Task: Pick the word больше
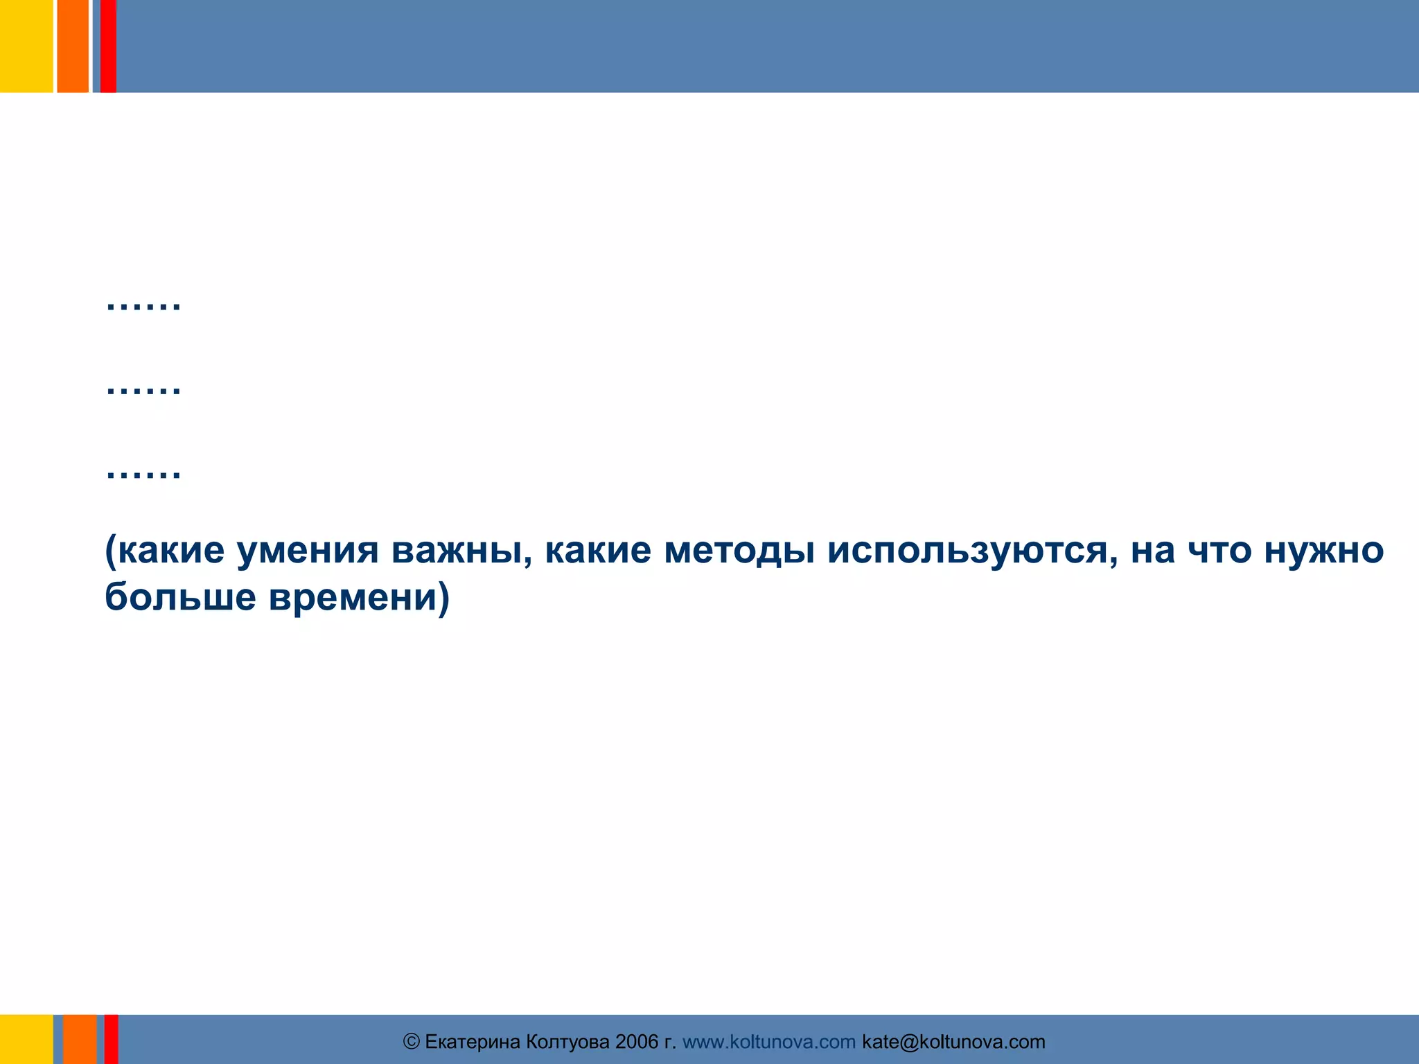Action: [x=180, y=596]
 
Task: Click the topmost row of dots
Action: [x=143, y=304]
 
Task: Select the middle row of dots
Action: [x=143, y=389]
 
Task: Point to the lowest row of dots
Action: [x=143, y=474]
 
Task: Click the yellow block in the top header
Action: [x=26, y=46]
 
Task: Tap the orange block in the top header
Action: [x=73, y=46]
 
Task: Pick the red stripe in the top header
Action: [x=108, y=46]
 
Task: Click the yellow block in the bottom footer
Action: [x=26, y=1039]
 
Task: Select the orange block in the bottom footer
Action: [x=80, y=1039]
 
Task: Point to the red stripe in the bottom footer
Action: [x=111, y=1039]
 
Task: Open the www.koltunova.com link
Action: [x=769, y=1042]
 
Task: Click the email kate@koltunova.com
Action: [x=953, y=1042]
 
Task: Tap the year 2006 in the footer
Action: [x=637, y=1042]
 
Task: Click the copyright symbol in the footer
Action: [x=412, y=1042]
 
